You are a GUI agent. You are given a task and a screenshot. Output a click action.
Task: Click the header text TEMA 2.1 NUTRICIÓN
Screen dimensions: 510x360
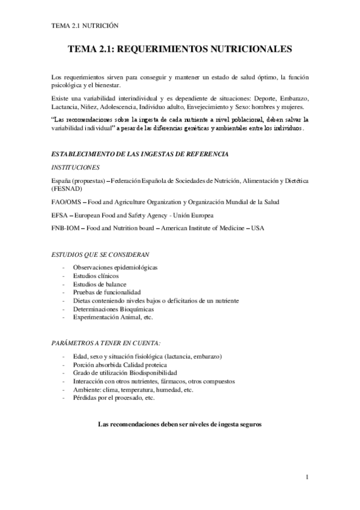[x=84, y=26]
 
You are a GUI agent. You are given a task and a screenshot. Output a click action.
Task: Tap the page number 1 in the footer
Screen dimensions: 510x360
[x=307, y=478]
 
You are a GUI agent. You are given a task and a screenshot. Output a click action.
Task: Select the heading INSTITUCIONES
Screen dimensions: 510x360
[x=76, y=167]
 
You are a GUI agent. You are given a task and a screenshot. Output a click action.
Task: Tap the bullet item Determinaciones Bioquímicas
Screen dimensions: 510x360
[x=109, y=309]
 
